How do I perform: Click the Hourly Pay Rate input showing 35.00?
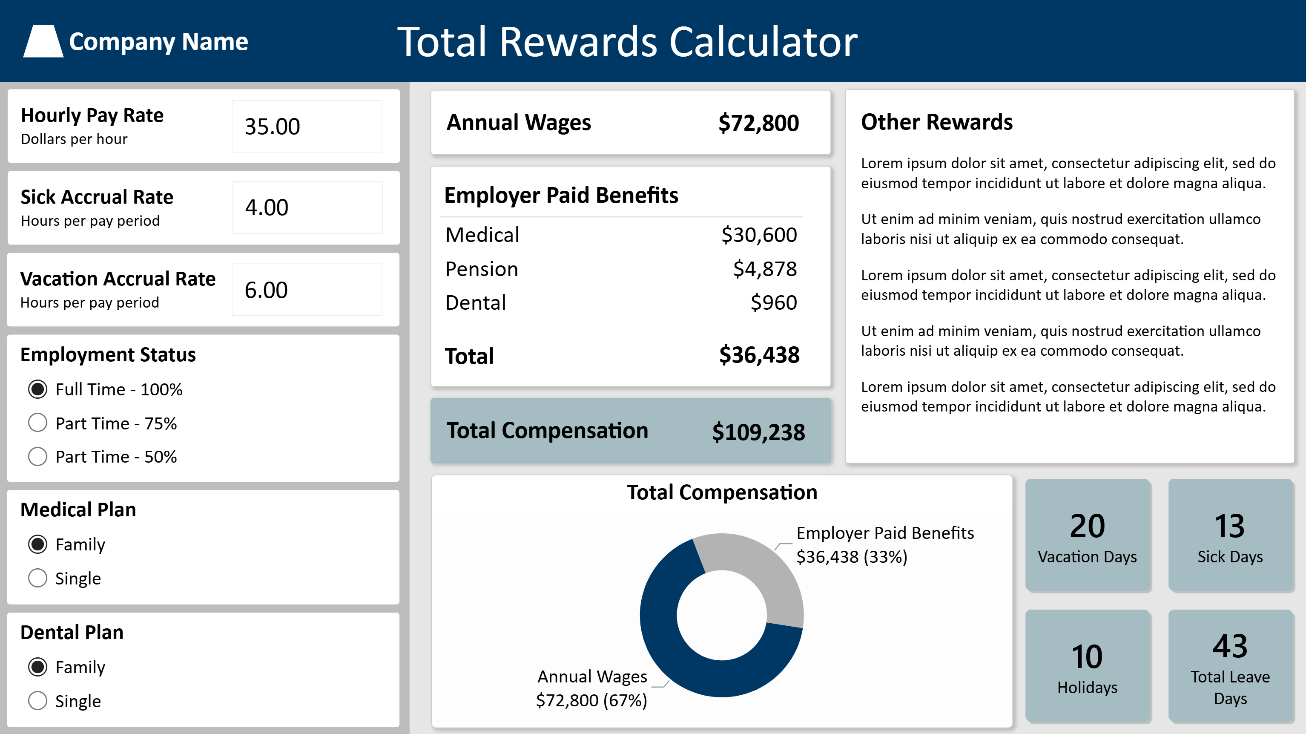307,126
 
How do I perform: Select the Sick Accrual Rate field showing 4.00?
307,207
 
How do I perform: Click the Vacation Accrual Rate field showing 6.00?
307,290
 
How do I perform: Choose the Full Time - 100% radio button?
37,389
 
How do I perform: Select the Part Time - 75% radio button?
37,423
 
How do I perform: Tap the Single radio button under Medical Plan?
37,578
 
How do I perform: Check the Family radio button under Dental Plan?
37,667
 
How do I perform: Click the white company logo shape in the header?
43,41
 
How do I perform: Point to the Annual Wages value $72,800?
758,123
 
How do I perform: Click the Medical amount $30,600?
759,235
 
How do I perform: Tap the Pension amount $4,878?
764,269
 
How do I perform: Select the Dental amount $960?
774,302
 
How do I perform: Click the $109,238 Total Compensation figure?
758,432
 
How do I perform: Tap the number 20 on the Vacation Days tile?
1088,526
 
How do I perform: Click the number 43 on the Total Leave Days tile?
1230,646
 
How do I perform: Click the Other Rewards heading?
937,122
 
